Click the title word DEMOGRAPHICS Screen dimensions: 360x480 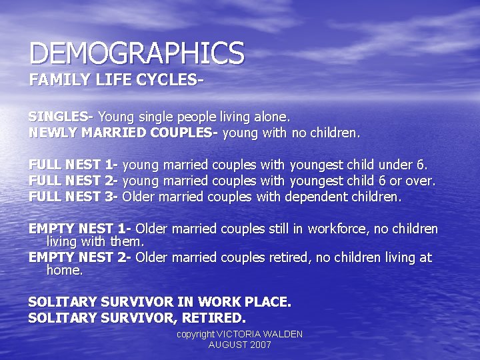click(x=137, y=53)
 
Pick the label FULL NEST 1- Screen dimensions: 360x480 click(x=73, y=165)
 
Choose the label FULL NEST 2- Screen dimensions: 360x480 click(x=73, y=181)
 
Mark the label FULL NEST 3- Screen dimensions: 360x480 click(x=73, y=197)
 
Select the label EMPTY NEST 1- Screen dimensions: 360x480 click(x=79, y=229)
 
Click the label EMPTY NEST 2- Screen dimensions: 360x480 click(x=79, y=258)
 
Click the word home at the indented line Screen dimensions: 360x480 click(x=64, y=271)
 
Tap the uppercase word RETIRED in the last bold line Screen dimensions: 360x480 click(x=215, y=318)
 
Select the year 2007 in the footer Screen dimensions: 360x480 click(x=259, y=345)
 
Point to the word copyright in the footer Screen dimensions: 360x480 click(x=195, y=334)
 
